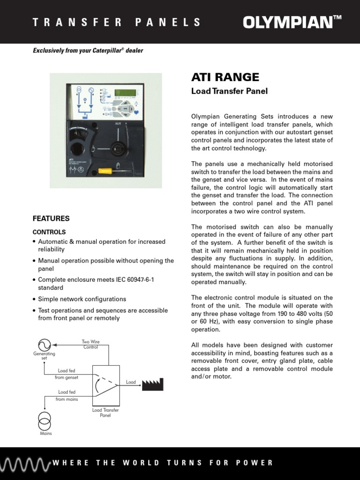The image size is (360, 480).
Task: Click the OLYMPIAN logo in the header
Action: [292, 22]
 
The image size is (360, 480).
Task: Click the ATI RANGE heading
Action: [225, 77]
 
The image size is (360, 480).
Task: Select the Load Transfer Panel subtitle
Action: [229, 91]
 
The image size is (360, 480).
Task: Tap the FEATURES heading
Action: [51, 218]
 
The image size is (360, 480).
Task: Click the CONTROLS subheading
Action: [49, 232]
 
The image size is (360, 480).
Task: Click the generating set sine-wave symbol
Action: [44, 345]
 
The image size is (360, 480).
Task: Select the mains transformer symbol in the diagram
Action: [45, 421]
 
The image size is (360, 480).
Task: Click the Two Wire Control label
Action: [91, 345]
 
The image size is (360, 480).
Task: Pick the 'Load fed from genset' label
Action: [67, 374]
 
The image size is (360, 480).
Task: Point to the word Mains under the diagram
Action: [45, 434]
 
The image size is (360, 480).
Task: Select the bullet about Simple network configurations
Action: [82, 299]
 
